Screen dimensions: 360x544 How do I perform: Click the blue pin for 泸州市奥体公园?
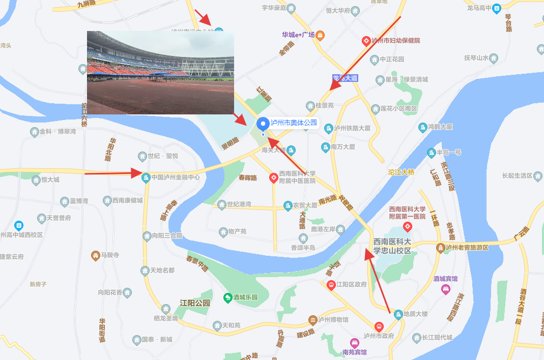click(263, 124)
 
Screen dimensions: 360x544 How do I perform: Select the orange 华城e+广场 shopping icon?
click(320, 35)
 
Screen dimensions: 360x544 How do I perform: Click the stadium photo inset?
click(160, 73)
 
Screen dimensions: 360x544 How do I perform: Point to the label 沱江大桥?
click(401, 172)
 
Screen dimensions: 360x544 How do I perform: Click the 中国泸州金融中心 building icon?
click(146, 177)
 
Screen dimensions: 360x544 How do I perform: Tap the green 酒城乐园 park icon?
click(228, 297)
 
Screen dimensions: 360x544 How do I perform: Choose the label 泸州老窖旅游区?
click(467, 248)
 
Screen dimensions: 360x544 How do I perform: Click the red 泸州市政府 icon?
click(379, 326)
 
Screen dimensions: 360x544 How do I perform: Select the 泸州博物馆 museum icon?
click(312, 320)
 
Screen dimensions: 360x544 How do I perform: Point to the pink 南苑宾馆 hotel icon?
click(354, 343)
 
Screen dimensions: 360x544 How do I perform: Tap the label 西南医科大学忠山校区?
click(392, 246)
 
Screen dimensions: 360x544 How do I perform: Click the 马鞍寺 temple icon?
click(95, 255)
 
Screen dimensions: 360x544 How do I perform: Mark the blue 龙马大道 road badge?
click(345, 78)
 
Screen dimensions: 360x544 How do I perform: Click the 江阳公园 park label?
click(195, 303)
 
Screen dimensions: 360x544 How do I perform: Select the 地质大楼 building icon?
click(398, 314)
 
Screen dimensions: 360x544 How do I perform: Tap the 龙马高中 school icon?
click(497, 8)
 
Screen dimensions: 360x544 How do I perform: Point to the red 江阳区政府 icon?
click(331, 284)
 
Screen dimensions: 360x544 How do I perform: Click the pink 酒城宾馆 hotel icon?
click(446, 289)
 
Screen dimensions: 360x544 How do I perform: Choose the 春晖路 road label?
click(248, 177)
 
